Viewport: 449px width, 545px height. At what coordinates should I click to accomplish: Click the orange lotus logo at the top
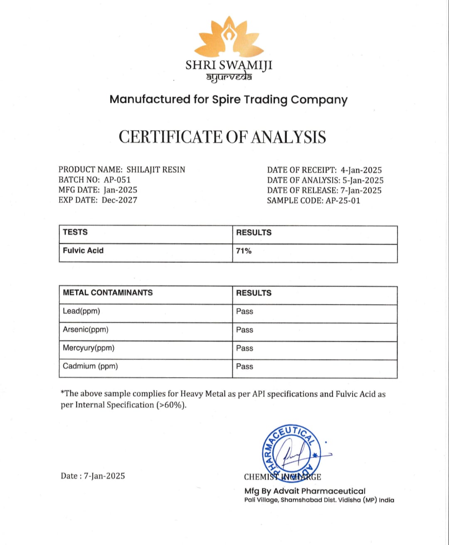229,37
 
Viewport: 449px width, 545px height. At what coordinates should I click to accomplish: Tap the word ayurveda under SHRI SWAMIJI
229,77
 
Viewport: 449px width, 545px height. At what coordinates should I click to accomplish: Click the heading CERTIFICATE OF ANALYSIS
222,137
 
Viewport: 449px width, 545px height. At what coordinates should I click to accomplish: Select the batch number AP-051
117,180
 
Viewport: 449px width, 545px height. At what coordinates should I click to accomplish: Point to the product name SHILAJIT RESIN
156,169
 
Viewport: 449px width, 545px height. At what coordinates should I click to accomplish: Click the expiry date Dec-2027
120,200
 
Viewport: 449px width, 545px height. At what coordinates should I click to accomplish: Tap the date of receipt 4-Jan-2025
361,170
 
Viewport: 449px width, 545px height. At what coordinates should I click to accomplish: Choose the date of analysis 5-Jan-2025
363,180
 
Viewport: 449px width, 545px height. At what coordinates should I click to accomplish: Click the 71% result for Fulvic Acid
244,251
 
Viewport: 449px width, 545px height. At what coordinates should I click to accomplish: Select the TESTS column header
75,232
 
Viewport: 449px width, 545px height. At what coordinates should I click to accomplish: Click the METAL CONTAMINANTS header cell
108,292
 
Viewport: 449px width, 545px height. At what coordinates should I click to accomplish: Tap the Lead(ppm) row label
81,311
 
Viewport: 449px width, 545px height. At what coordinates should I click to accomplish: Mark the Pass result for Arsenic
244,330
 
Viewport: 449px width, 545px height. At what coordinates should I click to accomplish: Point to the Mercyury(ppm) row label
89,348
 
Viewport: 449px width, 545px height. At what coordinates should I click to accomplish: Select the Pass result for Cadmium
244,366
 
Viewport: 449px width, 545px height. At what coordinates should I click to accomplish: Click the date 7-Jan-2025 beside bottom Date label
104,476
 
